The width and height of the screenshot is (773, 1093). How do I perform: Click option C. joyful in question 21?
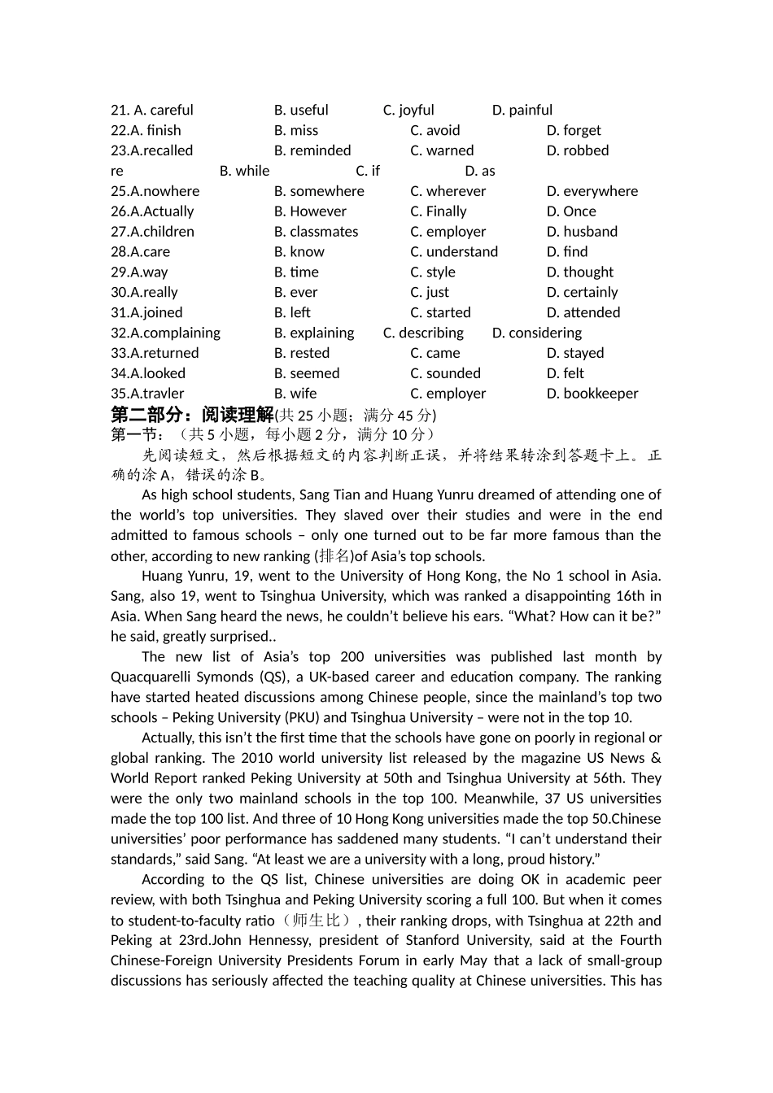408,110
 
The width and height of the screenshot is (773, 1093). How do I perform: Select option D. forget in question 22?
574,130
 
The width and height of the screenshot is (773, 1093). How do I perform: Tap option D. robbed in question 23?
578,150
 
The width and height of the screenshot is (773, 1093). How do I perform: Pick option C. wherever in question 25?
448,191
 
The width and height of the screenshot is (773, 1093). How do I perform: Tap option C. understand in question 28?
454,252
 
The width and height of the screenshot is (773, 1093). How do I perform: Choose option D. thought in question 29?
580,272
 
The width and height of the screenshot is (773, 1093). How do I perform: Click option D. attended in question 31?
583,312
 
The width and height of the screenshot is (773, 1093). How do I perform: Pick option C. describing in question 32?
423,333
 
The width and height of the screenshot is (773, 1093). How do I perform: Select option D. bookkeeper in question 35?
592,394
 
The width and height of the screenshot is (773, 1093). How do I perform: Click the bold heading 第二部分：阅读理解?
192,415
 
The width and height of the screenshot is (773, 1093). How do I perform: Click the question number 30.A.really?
144,292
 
